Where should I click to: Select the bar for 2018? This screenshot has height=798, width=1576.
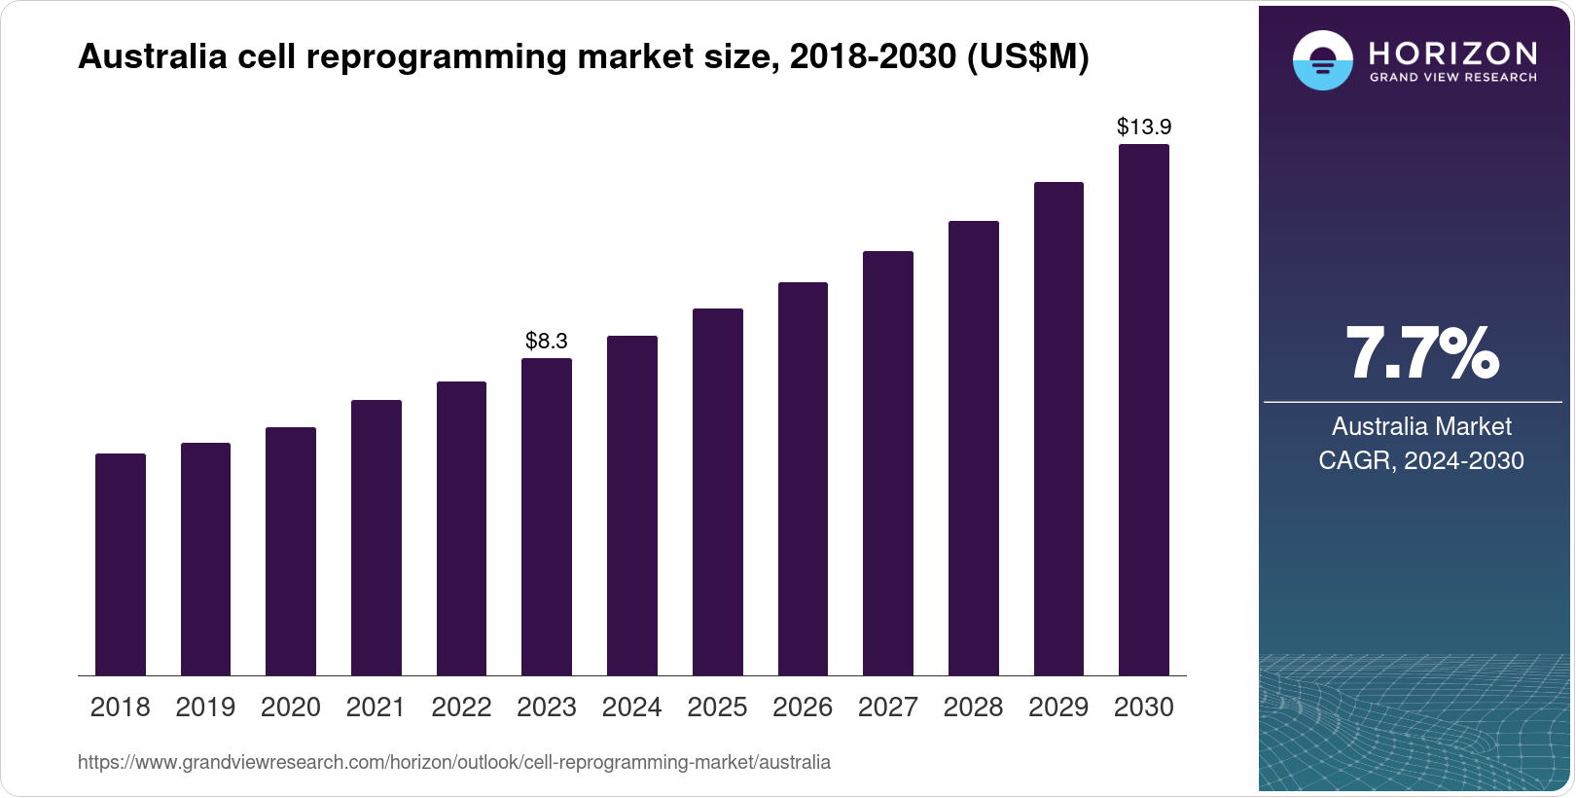coord(121,564)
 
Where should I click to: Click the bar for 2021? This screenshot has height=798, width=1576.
coord(376,537)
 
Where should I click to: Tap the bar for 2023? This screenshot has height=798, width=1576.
coord(547,517)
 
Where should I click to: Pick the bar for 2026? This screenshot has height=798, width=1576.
coord(803,479)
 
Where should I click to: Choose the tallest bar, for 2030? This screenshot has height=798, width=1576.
coord(1144,410)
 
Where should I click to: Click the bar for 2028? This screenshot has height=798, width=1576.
coord(974,448)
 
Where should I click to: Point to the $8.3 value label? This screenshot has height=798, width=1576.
coord(547,341)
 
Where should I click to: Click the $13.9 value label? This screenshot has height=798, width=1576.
coord(1144,127)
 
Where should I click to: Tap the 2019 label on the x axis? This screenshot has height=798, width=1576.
coord(205,707)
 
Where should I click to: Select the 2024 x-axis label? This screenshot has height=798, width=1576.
coord(632,707)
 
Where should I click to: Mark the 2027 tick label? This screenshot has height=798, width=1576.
coord(888,707)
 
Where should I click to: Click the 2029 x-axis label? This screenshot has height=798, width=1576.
coord(1058,707)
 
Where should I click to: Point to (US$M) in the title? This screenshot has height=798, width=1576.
coord(1027,57)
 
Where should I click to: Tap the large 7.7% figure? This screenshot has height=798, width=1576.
coord(1421,354)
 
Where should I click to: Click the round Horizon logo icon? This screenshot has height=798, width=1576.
coord(1322,60)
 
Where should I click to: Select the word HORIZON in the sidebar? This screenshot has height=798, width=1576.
coord(1452,53)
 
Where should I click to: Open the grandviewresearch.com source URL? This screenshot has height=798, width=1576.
coord(454,762)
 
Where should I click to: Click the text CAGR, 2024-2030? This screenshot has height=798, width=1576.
coord(1421,460)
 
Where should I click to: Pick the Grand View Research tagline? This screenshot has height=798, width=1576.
coord(1452,77)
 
